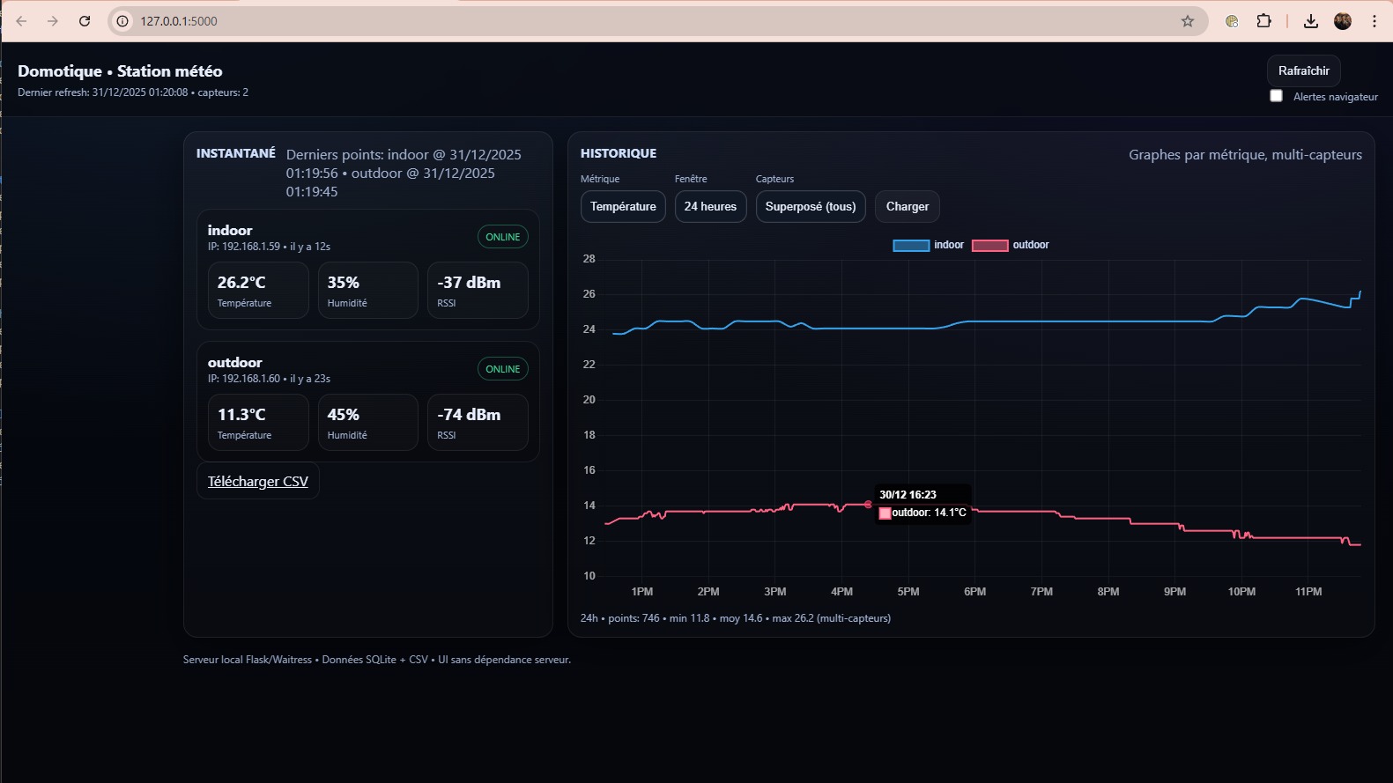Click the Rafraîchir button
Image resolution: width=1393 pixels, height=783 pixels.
(1303, 70)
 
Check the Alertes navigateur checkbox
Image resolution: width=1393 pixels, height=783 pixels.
(1276, 96)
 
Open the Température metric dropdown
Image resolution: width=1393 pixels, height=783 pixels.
(623, 206)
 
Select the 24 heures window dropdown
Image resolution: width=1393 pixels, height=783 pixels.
(710, 206)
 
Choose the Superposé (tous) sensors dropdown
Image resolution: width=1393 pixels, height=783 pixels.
(810, 206)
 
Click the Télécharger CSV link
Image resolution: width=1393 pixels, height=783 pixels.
(257, 482)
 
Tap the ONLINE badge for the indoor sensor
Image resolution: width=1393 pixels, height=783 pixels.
(502, 237)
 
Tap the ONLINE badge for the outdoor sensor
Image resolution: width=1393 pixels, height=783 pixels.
(502, 369)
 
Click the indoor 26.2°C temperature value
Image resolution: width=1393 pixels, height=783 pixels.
(241, 283)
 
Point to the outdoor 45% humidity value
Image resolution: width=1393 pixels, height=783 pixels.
(343, 415)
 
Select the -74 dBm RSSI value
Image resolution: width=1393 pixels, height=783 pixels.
(469, 415)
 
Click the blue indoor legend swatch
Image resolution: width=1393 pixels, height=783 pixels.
(910, 245)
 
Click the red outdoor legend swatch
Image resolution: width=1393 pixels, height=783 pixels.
(989, 245)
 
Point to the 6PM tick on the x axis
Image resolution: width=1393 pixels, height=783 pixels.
(974, 592)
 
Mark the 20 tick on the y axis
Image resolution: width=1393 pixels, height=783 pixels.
(589, 400)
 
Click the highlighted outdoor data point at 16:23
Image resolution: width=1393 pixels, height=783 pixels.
(868, 505)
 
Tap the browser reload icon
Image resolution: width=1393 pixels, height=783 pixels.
(85, 21)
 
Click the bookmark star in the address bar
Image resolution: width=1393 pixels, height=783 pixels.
(1187, 21)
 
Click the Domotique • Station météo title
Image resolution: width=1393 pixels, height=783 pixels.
(120, 71)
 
